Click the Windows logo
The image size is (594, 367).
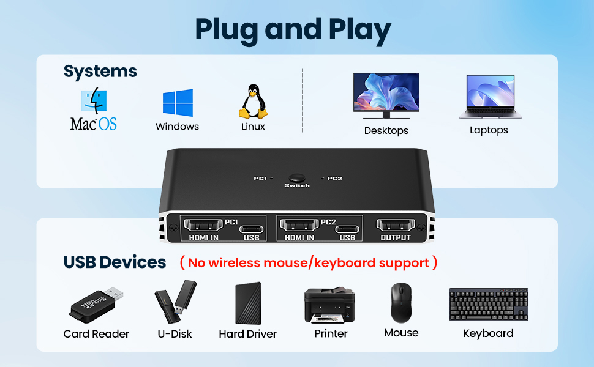[178, 103]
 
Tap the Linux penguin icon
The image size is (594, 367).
[253, 102]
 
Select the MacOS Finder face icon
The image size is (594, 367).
[94, 101]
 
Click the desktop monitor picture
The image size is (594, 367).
[386, 96]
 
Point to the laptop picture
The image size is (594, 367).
[491, 97]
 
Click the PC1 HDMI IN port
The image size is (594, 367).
[203, 226]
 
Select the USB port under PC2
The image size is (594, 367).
[347, 229]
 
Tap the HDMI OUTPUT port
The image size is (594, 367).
[396, 225]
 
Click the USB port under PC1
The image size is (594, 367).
[252, 229]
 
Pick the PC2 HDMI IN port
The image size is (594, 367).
[299, 226]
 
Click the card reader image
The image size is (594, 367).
[96, 305]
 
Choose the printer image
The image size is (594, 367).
[329, 305]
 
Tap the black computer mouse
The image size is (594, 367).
[401, 302]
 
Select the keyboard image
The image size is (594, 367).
[489, 304]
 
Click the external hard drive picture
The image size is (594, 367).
[249, 303]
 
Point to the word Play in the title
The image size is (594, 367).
[359, 30]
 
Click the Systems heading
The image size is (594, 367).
[100, 72]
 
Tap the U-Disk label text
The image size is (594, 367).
[175, 334]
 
